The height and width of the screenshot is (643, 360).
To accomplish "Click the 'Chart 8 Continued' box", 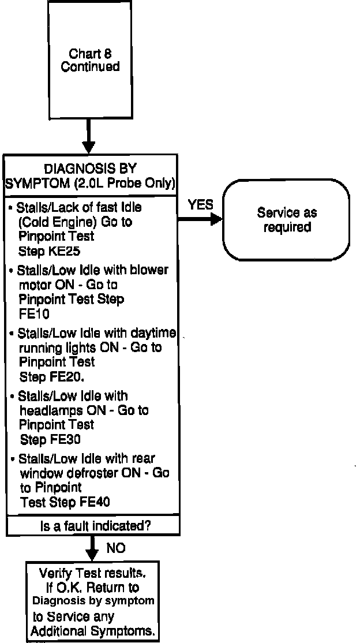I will point(90,60).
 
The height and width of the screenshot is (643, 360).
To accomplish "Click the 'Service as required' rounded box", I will point(287,220).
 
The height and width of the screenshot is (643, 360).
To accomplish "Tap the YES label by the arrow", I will point(200,204).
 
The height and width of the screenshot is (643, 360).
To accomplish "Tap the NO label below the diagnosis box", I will point(116,548).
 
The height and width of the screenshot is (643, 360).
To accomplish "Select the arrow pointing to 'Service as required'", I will point(200,219).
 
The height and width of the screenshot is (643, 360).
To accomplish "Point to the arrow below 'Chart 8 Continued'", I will point(89,136).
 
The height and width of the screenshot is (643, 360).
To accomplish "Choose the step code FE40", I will point(91,502).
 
